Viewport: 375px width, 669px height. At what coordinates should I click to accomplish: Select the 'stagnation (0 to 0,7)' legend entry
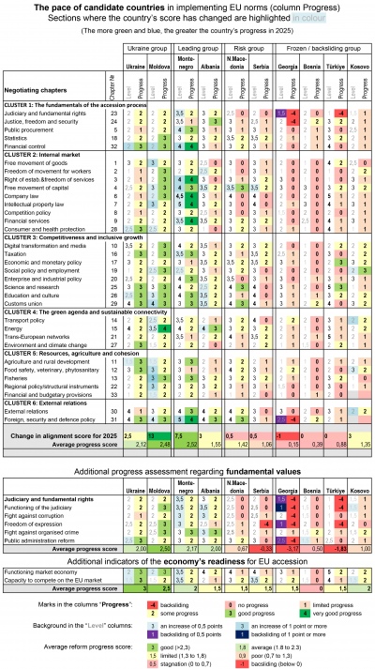click(x=187, y=654)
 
